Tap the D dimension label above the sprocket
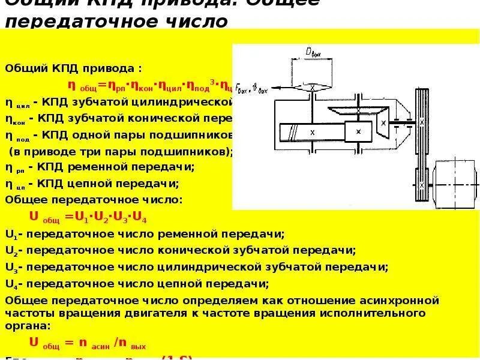pos(313,53)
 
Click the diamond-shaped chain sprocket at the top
pos(313,88)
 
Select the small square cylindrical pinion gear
pos(358,131)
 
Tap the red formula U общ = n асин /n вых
pos(88,344)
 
